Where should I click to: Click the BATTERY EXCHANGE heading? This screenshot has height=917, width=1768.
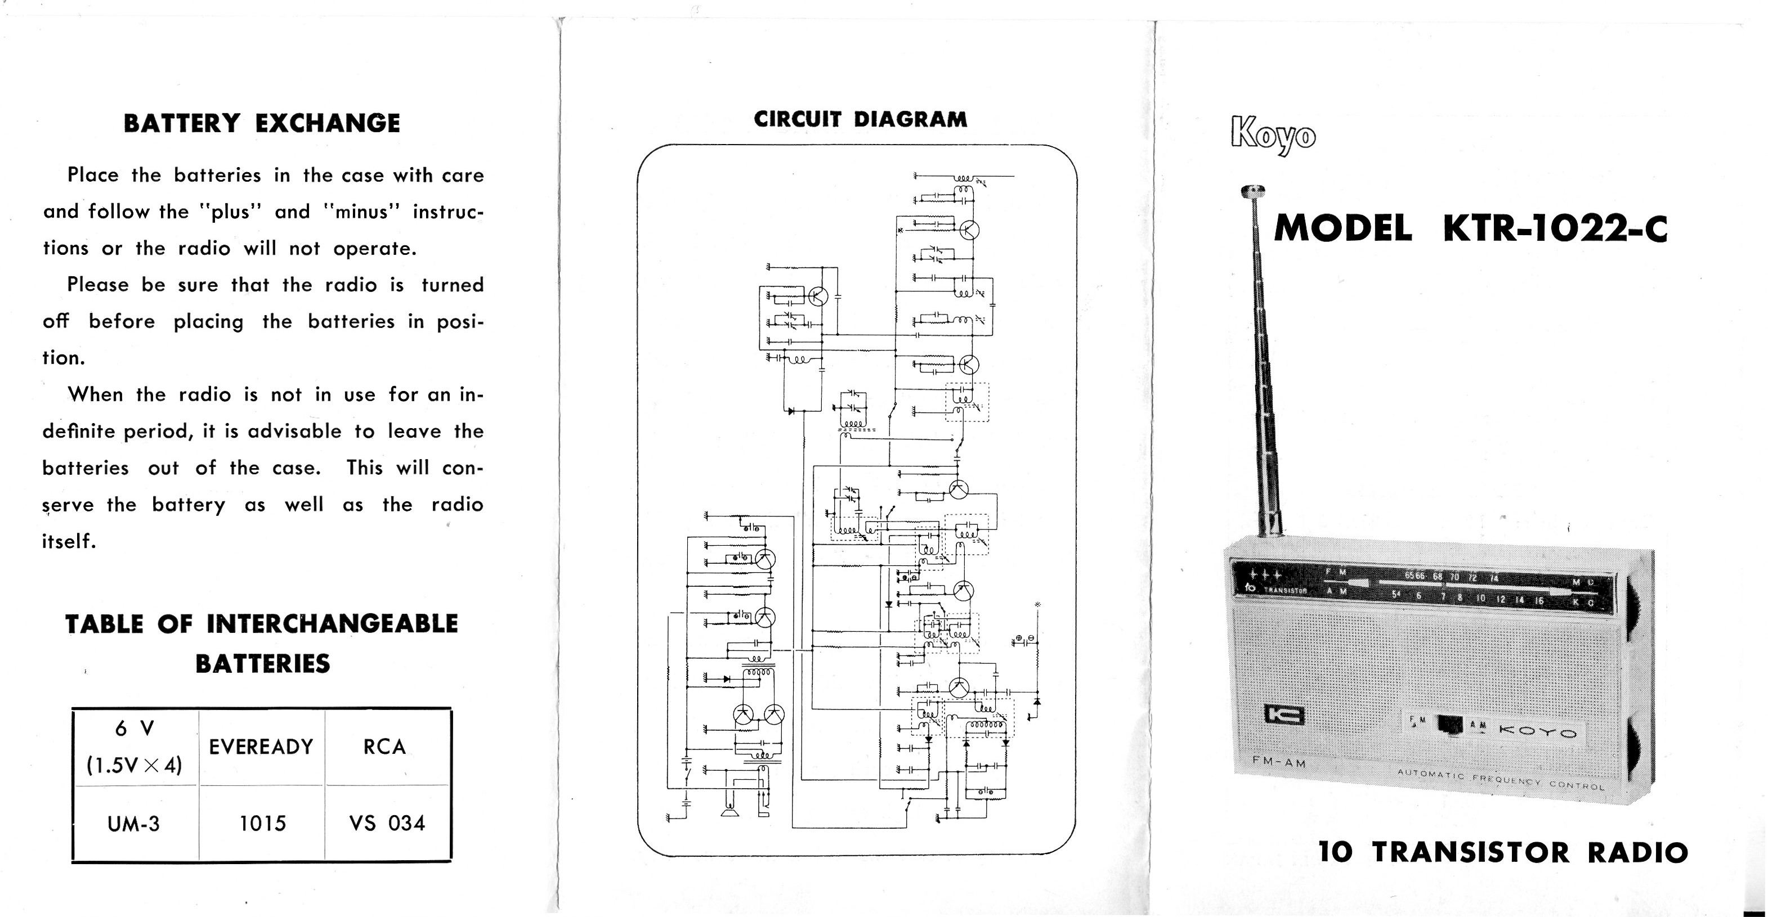click(262, 123)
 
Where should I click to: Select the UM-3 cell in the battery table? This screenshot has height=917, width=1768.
click(134, 823)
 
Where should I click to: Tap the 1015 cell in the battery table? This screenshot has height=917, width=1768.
click(262, 823)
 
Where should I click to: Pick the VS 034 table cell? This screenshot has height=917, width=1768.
click(387, 823)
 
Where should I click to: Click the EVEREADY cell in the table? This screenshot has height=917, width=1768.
click(261, 747)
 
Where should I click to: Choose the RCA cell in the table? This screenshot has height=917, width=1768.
click(384, 747)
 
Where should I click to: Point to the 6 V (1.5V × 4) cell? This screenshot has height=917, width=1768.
click(134, 747)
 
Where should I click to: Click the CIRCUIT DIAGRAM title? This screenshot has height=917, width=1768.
click(860, 119)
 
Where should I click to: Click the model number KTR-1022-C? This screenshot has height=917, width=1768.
click(1555, 228)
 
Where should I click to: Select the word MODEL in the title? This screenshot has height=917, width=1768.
click(1342, 228)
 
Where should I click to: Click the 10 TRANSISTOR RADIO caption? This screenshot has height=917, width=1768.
click(1503, 852)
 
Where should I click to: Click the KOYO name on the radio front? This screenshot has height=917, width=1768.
click(1537, 732)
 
